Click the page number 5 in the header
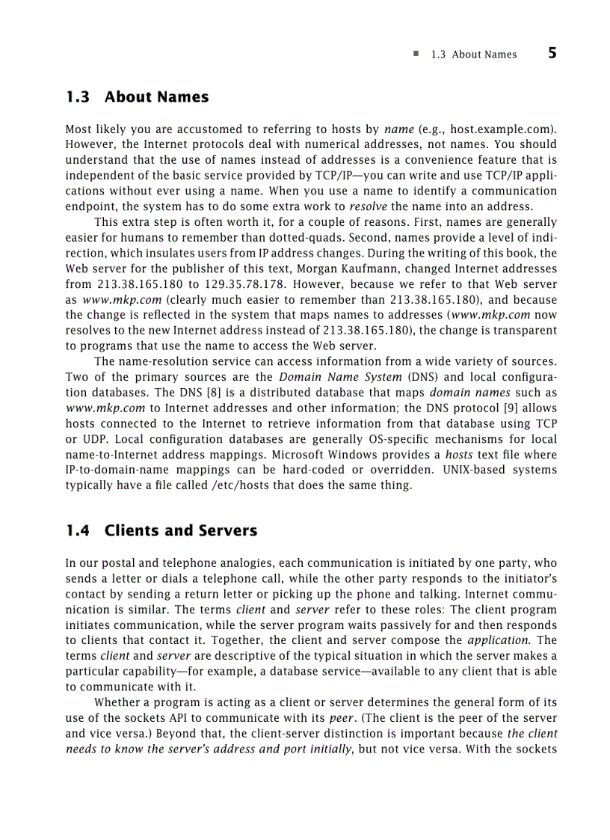tap(552, 53)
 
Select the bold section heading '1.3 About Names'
tap(137, 97)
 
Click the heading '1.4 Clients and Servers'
tap(161, 531)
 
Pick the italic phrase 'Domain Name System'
tap(340, 377)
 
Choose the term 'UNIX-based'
tap(472, 470)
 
